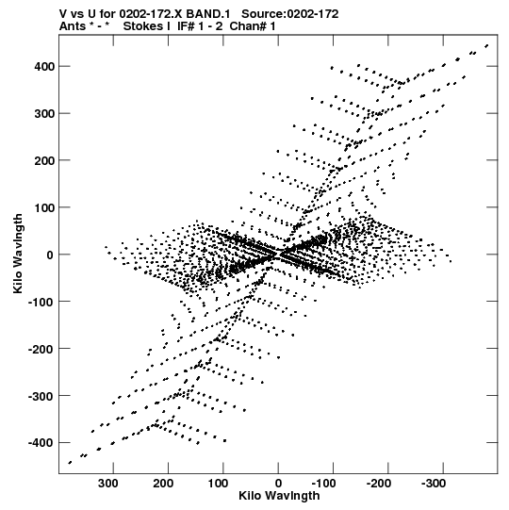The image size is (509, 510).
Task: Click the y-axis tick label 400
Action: [x=44, y=67]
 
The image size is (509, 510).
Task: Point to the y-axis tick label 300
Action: [x=44, y=114]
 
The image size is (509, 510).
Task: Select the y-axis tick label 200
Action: [x=44, y=160]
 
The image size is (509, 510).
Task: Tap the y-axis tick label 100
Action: [x=44, y=207]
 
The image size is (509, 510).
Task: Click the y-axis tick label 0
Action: [x=50, y=255]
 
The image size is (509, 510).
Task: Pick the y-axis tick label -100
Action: [x=41, y=303]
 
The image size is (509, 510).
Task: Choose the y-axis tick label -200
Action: [x=41, y=350]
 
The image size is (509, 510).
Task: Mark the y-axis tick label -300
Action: [x=41, y=397]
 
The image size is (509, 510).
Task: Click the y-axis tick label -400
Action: [x=41, y=443]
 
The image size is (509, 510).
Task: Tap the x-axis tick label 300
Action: [x=108, y=484]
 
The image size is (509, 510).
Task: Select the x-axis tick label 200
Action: [x=163, y=484]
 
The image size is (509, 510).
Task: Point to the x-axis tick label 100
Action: [x=218, y=484]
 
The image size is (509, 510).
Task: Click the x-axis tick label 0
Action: [x=278, y=484]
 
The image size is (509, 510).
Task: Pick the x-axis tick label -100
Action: [x=323, y=484]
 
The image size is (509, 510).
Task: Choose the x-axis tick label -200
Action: [x=379, y=484]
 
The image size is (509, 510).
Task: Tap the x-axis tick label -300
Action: [x=434, y=484]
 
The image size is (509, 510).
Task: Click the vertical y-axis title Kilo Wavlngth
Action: [x=18, y=254]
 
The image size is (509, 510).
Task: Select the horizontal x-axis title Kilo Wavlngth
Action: [x=279, y=495]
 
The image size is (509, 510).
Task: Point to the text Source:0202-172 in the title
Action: [x=290, y=14]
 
